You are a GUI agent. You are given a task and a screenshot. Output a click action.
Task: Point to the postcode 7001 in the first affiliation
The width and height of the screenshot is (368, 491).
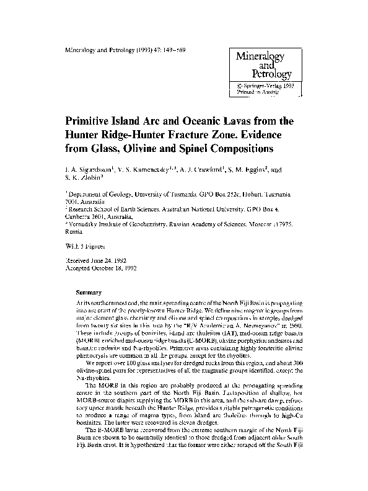72,201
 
